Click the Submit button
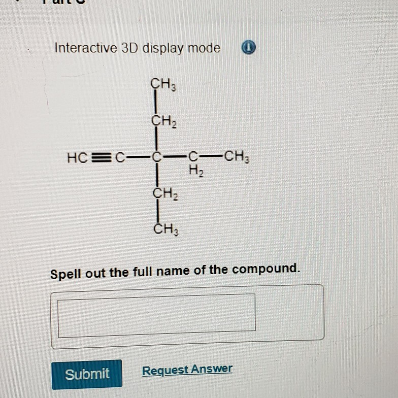[x=87, y=374]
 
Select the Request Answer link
[x=187, y=370]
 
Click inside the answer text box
[x=156, y=315]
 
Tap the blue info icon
[x=248, y=48]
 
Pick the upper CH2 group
[x=163, y=121]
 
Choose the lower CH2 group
[x=164, y=193]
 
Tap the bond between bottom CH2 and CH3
[x=158, y=212]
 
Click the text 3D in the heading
[x=129, y=48]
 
